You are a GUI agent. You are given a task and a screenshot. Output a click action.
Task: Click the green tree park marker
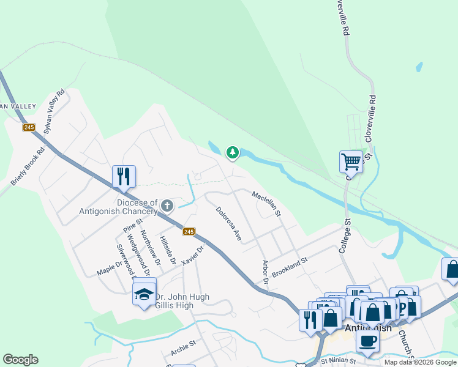pyautogui.click(x=232, y=152)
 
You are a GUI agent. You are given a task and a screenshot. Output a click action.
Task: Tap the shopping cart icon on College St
pyautogui.click(x=351, y=161)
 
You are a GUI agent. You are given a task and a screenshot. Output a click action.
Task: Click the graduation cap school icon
pyautogui.click(x=144, y=295)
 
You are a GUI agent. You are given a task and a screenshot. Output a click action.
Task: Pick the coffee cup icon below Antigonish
pyautogui.click(x=367, y=341)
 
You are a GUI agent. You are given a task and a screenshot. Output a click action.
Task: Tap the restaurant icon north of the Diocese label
pyautogui.click(x=124, y=177)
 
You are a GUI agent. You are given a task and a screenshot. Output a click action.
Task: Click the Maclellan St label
pyautogui.click(x=266, y=204)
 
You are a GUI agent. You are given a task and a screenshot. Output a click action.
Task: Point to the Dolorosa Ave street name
pyautogui.click(x=228, y=223)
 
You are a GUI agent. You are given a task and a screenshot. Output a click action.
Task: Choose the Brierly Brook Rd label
pyautogui.click(x=28, y=166)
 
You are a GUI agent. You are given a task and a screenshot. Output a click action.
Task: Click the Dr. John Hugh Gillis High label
pyautogui.click(x=182, y=301)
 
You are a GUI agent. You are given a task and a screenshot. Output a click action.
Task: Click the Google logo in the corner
pyautogui.click(x=20, y=360)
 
